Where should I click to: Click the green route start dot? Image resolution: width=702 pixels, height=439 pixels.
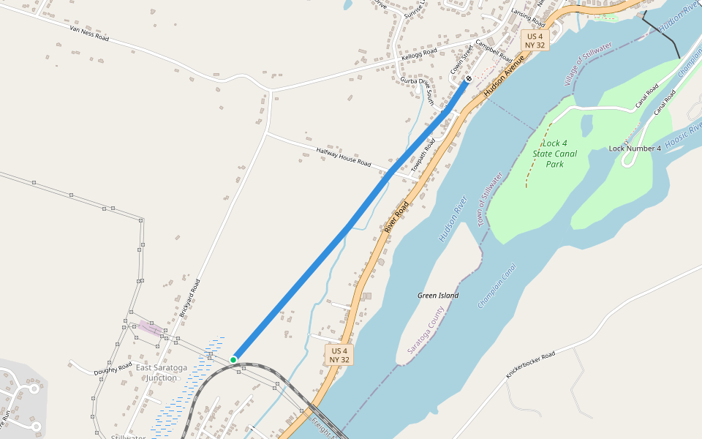click(233, 359)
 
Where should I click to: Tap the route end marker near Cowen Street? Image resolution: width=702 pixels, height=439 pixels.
click(469, 78)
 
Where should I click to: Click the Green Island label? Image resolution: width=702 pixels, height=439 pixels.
click(438, 296)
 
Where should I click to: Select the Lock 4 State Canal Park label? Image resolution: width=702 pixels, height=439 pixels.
click(555, 154)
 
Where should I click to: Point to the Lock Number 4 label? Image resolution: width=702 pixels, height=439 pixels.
click(635, 149)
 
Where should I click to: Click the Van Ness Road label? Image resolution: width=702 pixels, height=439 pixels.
click(89, 32)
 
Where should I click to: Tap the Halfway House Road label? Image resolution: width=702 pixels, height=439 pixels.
click(344, 157)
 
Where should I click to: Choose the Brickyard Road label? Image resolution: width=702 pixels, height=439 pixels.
click(189, 297)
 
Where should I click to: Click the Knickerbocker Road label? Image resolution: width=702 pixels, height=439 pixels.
click(531, 365)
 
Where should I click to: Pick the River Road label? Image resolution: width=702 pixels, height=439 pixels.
click(396, 217)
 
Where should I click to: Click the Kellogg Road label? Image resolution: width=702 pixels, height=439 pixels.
click(419, 54)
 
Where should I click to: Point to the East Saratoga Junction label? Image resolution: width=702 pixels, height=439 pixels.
click(161, 372)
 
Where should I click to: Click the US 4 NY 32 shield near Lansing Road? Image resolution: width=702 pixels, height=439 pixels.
click(535, 40)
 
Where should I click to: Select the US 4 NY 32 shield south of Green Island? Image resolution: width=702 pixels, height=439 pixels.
click(339, 356)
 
